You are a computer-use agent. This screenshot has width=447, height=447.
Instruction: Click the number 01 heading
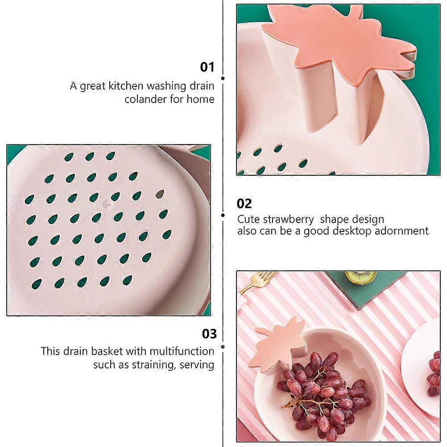207,67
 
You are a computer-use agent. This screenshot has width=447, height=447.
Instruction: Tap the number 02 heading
244,203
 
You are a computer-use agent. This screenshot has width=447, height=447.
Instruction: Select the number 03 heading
209,334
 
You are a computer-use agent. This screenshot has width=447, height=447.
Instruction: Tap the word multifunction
182,351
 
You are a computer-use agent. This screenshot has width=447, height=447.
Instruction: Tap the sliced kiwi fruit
360,277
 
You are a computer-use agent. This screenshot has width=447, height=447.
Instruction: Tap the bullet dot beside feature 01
223,78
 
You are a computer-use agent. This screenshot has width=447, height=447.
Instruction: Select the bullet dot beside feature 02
223,215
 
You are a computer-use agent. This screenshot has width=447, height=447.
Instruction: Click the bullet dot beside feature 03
223,347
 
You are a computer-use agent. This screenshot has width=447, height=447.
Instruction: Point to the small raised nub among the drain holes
108,203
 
